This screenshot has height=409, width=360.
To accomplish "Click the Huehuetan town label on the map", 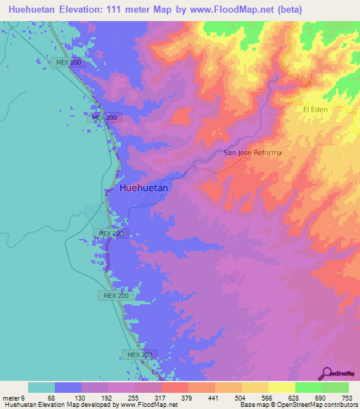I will (x=144, y=188).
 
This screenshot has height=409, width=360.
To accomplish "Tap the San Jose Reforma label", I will (x=252, y=153).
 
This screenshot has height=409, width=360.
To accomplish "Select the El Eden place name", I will (x=316, y=110).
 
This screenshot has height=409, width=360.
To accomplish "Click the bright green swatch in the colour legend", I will (x=308, y=387).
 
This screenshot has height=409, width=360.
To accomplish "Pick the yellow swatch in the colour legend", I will (x=281, y=387).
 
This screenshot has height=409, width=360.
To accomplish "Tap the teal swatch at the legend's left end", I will (x=41, y=387).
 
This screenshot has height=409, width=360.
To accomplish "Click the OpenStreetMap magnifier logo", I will (x=327, y=372).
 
